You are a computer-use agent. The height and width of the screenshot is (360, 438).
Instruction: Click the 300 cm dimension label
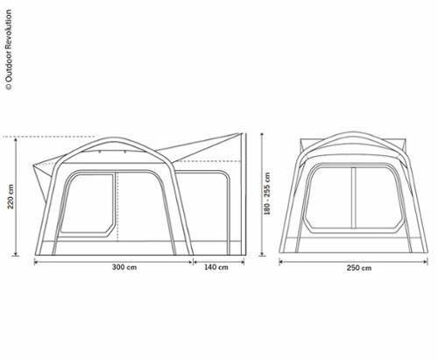[x=124, y=267]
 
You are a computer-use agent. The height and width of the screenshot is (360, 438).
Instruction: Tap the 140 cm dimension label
[x=216, y=267]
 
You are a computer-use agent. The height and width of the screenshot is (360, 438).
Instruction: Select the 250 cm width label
[x=359, y=268]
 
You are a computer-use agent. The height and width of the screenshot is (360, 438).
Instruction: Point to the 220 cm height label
[x=11, y=196]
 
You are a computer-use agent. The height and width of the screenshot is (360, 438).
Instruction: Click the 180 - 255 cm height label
[x=267, y=194]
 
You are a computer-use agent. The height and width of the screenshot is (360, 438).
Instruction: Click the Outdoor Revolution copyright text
[x=9, y=50]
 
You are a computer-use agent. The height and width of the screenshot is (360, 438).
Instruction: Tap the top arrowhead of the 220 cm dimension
[x=16, y=139]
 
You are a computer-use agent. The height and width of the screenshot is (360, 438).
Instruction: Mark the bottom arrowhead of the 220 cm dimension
[x=16, y=253]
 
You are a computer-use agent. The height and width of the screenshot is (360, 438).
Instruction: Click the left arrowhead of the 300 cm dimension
[x=37, y=262]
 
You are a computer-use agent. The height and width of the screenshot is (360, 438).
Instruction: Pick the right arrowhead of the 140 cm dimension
[x=242, y=262]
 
